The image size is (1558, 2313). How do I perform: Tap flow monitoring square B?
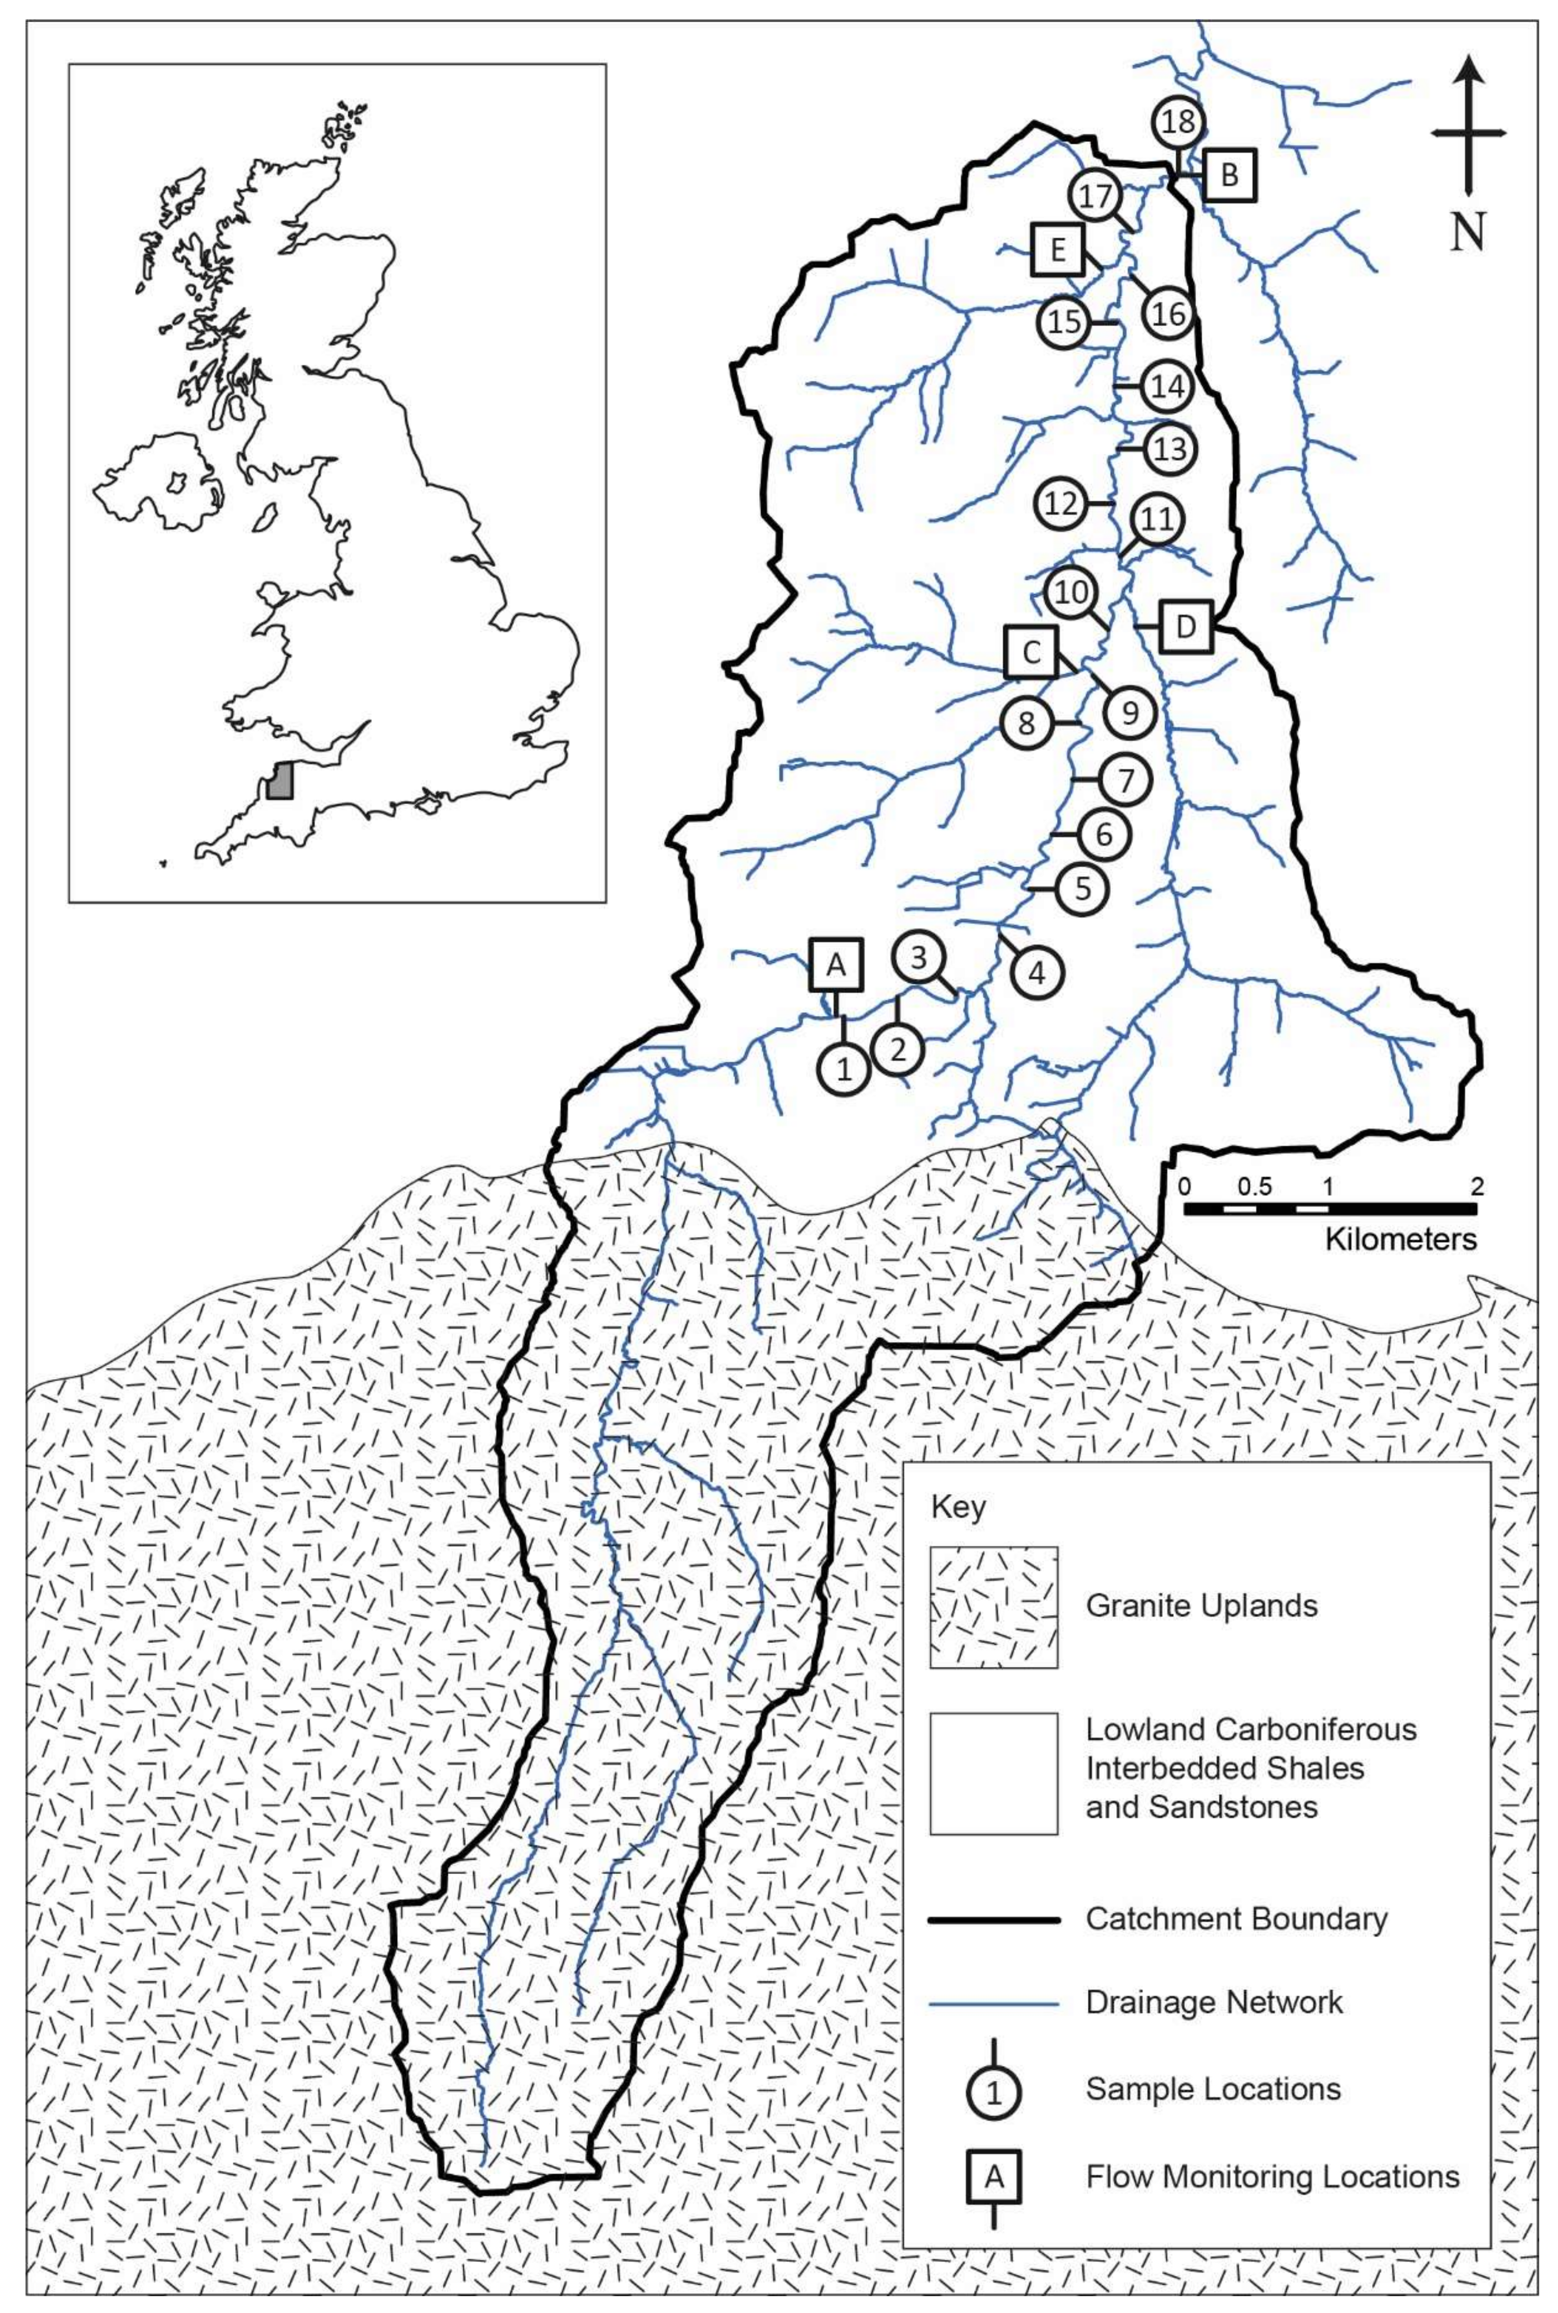tap(1229, 176)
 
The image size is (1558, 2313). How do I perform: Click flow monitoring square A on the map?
tap(837, 964)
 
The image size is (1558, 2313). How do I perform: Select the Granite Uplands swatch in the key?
tap(993, 1606)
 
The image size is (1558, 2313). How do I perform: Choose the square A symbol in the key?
tap(993, 2177)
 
